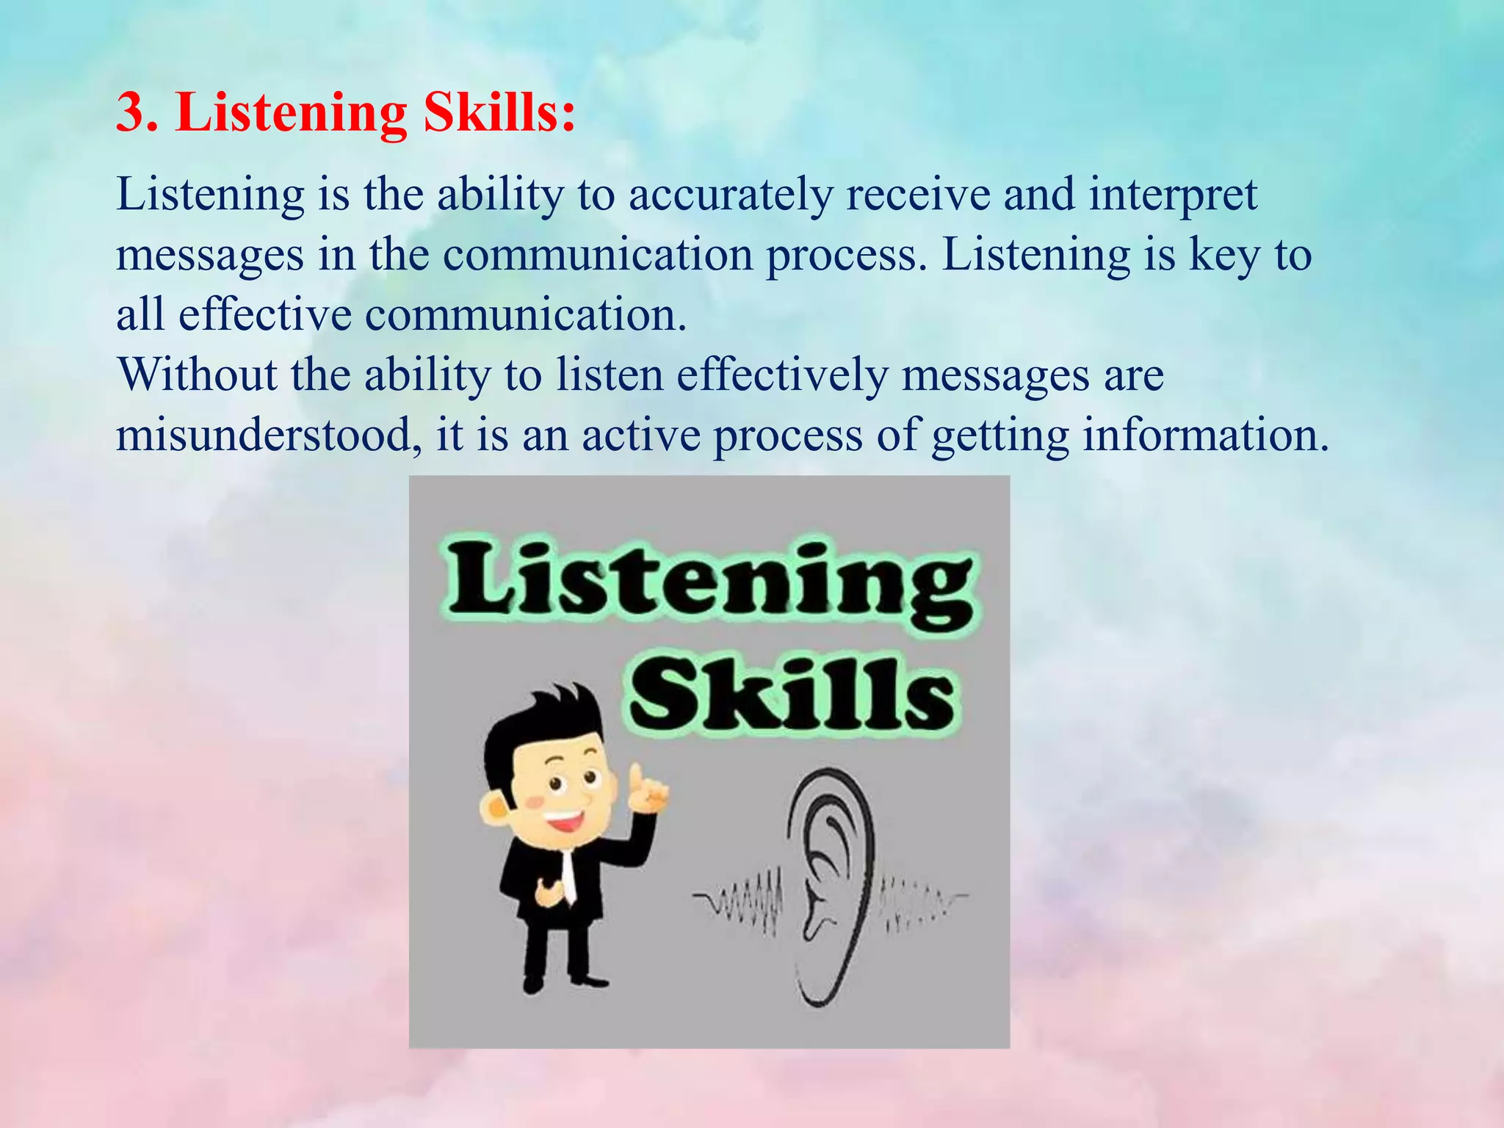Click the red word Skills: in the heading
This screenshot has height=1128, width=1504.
tap(499, 112)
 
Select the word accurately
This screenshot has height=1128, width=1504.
tap(731, 196)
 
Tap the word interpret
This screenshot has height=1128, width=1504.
tap(1173, 196)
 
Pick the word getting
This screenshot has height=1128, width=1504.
tap(999, 436)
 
